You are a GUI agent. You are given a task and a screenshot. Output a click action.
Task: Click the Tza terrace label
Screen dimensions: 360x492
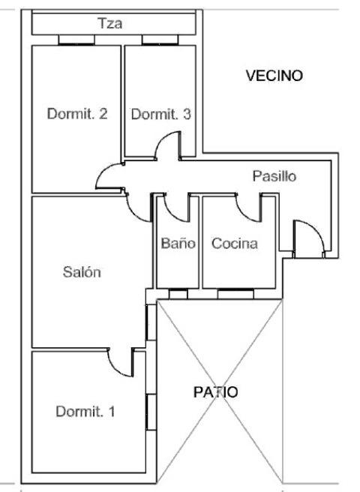pyautogui.click(x=109, y=23)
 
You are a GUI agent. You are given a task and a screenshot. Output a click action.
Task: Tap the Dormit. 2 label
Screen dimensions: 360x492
pyautogui.click(x=77, y=113)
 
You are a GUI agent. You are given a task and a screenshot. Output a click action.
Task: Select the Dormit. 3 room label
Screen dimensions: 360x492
pyautogui.click(x=160, y=114)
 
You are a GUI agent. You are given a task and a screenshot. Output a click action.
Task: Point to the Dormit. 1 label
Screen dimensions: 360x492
pyautogui.click(x=85, y=411)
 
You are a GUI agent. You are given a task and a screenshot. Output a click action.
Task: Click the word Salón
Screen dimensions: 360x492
pyautogui.click(x=82, y=272)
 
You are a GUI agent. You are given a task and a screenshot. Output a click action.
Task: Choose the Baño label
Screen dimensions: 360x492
pyautogui.click(x=178, y=243)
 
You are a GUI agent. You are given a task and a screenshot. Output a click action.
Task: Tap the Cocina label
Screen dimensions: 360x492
pyautogui.click(x=235, y=244)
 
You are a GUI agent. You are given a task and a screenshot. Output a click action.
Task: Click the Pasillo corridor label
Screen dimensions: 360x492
pyautogui.click(x=274, y=176)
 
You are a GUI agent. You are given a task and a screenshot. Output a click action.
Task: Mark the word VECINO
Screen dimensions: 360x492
pyautogui.click(x=274, y=76)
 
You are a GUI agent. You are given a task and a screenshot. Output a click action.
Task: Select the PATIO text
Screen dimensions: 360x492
pyautogui.click(x=215, y=392)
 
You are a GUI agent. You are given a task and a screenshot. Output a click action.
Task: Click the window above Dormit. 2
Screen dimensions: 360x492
pyautogui.click(x=76, y=40)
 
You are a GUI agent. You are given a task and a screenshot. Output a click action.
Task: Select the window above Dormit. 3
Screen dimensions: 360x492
pyautogui.click(x=160, y=40)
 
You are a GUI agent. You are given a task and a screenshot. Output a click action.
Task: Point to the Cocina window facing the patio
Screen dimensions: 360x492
pyautogui.click(x=235, y=294)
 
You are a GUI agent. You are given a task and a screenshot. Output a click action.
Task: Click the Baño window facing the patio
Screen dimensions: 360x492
pyautogui.click(x=178, y=294)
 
